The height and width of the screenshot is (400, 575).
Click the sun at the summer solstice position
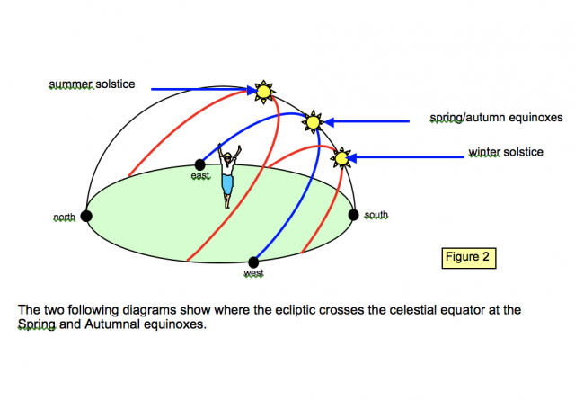click(263, 91)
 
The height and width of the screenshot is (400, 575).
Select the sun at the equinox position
click(312, 121)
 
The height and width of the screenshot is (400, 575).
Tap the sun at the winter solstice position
click(341, 159)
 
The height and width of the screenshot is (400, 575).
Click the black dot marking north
click(86, 216)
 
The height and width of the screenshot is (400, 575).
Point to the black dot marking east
click(199, 164)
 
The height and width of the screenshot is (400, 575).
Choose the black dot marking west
click(253, 262)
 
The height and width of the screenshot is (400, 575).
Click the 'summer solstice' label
click(92, 84)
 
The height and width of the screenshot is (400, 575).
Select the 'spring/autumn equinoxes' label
click(496, 119)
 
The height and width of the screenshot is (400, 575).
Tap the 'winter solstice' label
click(506, 152)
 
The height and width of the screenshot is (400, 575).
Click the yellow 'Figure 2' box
click(469, 256)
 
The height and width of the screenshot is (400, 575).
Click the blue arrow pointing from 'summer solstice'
click(198, 90)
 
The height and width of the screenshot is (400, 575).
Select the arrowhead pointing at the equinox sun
click(329, 120)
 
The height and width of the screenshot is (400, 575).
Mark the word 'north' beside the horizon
click(64, 218)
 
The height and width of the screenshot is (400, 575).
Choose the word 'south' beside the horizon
click(376, 216)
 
